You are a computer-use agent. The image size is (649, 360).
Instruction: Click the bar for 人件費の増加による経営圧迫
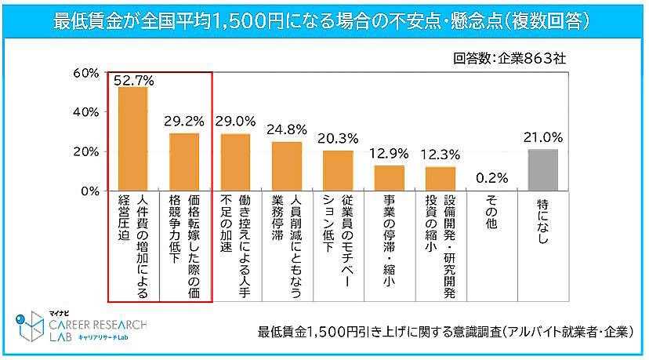pos(132,139)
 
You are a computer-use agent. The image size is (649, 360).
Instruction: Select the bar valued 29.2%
pos(184,162)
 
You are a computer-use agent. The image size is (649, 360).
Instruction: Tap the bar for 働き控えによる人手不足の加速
pos(235,162)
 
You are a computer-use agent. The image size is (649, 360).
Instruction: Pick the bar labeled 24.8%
pos(286,166)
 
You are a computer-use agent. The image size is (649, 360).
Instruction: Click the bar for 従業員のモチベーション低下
pos(338,170)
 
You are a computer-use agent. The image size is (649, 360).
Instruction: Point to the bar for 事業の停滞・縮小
pos(390,178)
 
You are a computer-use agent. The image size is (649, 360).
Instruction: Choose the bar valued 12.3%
pos(441,179)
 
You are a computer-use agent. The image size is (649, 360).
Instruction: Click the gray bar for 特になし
pos(542,170)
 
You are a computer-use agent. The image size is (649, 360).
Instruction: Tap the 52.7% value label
pos(133,79)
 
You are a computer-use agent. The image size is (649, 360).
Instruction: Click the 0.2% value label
pos(491,177)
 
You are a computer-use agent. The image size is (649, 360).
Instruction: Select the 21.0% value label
pos(543,138)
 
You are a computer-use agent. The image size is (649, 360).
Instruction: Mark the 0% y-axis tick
pos(89,191)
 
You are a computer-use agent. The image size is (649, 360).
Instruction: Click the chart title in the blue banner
pos(324,20)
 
